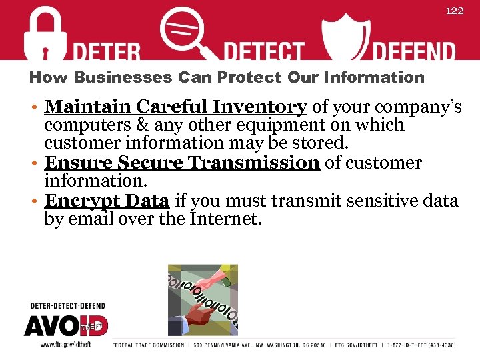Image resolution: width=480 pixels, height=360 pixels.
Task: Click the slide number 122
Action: [454, 11]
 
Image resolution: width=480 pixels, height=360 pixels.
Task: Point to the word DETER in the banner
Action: [107, 52]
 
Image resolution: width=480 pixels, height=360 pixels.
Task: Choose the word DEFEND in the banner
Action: [413, 52]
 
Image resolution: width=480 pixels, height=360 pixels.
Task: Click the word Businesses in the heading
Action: [123, 77]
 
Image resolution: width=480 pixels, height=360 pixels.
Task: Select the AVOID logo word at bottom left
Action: [65, 326]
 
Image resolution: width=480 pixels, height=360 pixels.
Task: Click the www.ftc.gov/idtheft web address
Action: [65, 344]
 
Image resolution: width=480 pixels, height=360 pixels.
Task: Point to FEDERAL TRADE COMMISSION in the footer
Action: [148, 345]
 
